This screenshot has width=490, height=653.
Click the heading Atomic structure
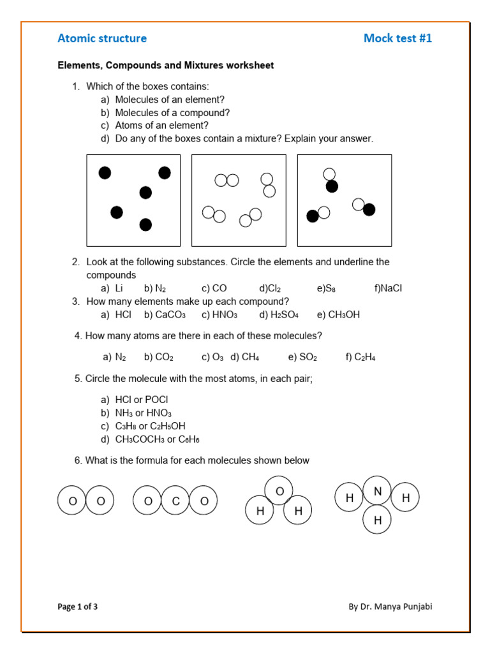pos(102,38)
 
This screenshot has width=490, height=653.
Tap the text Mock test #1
pos(397,38)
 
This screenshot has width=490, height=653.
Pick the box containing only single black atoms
pos(133,200)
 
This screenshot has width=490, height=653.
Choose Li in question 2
pos(119,288)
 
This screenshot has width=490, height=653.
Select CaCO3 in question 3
pos(170,315)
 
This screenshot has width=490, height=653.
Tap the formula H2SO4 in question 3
pos(284,315)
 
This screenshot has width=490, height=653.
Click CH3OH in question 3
pos(344,315)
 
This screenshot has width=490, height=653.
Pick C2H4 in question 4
pos(365,357)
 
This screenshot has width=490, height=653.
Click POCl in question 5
pos(157,400)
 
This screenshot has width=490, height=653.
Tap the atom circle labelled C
pos(176,501)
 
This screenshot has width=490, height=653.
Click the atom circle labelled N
pos(378,491)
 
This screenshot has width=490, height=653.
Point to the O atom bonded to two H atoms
pos(279,490)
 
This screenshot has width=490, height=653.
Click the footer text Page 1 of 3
pos(78,606)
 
